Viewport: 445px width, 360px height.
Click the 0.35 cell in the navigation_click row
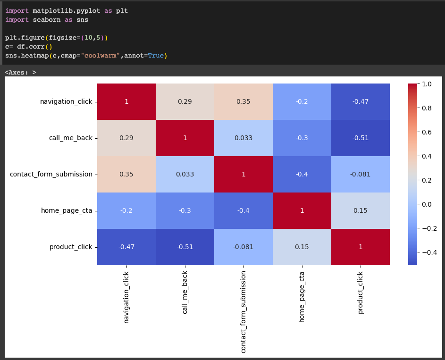coord(243,101)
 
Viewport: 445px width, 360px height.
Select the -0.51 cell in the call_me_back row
coord(361,138)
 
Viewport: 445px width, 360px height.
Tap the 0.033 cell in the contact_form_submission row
coord(185,174)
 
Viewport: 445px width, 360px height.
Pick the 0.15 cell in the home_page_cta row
coord(361,210)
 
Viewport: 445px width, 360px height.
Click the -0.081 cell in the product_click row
coord(243,247)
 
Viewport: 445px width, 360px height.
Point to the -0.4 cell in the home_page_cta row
coord(243,210)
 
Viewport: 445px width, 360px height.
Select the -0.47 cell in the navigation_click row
coord(361,101)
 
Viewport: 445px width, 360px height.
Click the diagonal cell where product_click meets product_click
coord(361,247)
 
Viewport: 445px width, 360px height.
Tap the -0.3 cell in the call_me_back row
coord(302,138)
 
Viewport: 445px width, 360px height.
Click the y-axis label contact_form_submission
coord(51,174)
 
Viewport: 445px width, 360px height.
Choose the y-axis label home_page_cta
coord(67,210)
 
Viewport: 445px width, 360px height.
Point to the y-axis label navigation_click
coord(66,101)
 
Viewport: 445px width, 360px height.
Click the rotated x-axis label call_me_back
coord(185,292)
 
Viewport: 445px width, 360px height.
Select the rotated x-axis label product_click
coord(361,293)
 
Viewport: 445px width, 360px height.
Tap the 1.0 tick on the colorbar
coord(427,84)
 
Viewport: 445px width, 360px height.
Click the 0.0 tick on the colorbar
coord(427,204)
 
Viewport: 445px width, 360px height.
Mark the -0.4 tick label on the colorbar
coord(428,252)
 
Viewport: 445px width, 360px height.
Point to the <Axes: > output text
coord(20,72)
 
